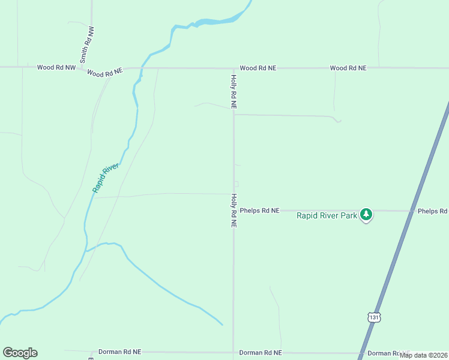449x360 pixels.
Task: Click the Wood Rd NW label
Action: click(56, 68)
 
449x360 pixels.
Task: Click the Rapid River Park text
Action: click(327, 215)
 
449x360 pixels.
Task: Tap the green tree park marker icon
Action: click(366, 214)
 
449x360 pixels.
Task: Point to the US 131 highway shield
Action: click(375, 317)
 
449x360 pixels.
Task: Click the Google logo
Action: click(20, 353)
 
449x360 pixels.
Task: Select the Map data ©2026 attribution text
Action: click(424, 355)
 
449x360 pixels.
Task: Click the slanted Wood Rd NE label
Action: click(104, 73)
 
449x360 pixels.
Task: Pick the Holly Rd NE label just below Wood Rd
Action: click(234, 92)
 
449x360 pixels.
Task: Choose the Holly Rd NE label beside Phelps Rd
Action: click(234, 211)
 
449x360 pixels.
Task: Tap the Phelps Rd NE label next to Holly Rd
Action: click(260, 211)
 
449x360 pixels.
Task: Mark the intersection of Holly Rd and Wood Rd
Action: click(234, 68)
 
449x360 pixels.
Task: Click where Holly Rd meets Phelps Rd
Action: click(234, 211)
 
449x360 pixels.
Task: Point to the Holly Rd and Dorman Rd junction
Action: click(234, 352)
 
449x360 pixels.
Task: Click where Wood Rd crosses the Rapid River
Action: click(143, 68)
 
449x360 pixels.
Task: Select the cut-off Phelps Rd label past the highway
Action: click(433, 211)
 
